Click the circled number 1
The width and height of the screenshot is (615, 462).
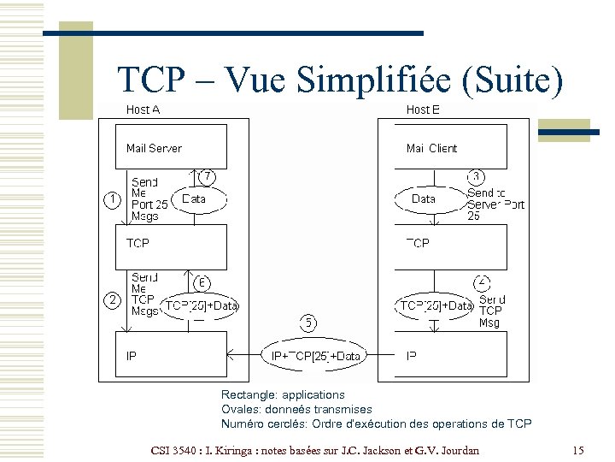pyautogui.click(x=111, y=199)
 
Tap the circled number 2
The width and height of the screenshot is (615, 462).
pyautogui.click(x=111, y=299)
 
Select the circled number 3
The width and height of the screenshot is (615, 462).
pyautogui.click(x=477, y=176)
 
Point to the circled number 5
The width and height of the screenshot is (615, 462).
pyautogui.click(x=308, y=323)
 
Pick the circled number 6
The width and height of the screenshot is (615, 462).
pyautogui.click(x=202, y=281)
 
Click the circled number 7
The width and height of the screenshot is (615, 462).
pyautogui.click(x=207, y=176)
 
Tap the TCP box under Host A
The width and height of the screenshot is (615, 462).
pyautogui.click(x=172, y=246)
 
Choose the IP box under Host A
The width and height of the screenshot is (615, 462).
pyautogui.click(x=172, y=354)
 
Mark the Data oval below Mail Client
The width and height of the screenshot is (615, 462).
pyautogui.click(x=425, y=198)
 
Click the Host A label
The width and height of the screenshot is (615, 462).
pyautogui.click(x=143, y=110)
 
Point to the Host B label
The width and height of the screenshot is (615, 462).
pyautogui.click(x=424, y=110)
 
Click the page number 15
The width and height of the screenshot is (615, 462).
pyautogui.click(x=577, y=450)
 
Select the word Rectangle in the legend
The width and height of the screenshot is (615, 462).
pyautogui.click(x=247, y=395)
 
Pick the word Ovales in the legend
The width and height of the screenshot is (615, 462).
pyautogui.click(x=239, y=409)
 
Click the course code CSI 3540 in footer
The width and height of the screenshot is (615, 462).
pyautogui.click(x=176, y=450)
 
